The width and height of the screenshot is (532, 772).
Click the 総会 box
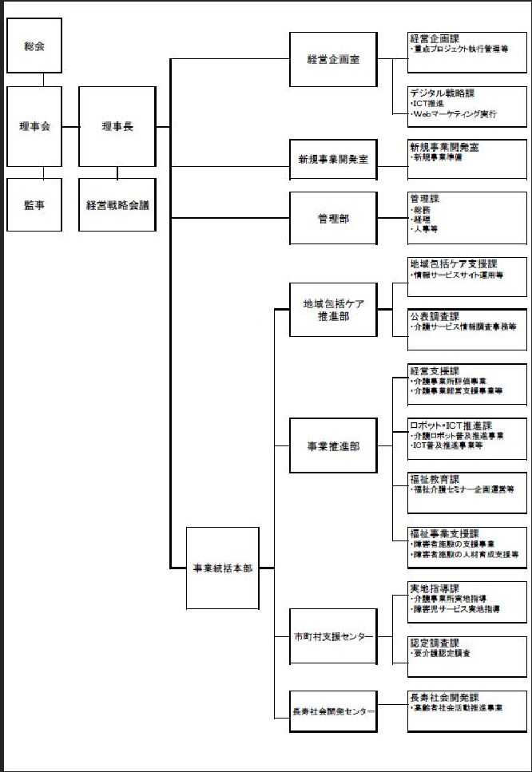(x=34, y=46)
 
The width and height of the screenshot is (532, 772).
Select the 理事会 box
(x=34, y=127)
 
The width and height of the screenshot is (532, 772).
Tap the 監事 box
(x=34, y=205)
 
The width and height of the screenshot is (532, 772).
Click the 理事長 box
(x=117, y=126)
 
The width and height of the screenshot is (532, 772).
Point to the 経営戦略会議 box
(x=117, y=205)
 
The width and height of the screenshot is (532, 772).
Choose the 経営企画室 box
(x=332, y=60)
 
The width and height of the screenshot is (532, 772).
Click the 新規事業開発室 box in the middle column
(x=332, y=160)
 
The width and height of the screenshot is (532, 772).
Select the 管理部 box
(x=332, y=218)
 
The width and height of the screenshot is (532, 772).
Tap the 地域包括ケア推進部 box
(x=332, y=310)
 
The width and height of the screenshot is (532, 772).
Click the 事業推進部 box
(x=332, y=446)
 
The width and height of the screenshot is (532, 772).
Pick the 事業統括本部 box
(x=223, y=568)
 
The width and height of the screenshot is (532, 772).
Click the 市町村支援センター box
(x=332, y=636)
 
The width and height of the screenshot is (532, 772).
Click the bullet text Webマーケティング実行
(x=455, y=115)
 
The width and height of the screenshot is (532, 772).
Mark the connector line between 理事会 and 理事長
(x=70, y=126)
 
